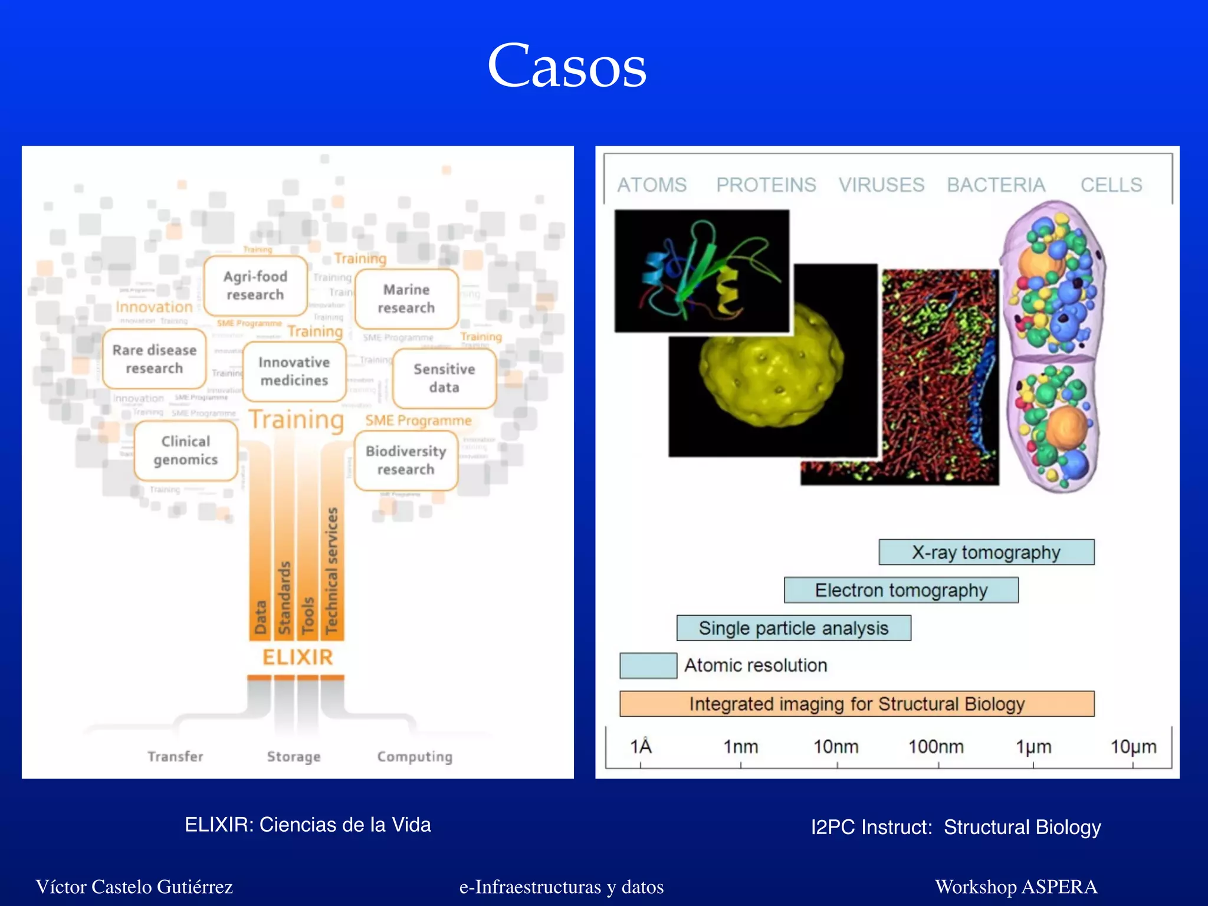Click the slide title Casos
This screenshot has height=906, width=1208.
click(567, 66)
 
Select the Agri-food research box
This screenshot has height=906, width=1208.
click(255, 285)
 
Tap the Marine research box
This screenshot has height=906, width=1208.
click(406, 299)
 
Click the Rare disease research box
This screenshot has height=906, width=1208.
click(155, 359)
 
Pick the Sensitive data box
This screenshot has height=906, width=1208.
click(444, 378)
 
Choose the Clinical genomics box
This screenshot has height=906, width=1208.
click(186, 451)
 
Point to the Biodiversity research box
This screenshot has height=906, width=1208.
click(406, 460)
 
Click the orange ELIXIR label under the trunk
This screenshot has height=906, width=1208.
click(297, 657)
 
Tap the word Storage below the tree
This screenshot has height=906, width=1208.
click(294, 756)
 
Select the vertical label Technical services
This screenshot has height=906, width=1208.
click(332, 570)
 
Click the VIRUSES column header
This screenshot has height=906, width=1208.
click(881, 185)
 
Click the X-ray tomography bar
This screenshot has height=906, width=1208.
click(986, 553)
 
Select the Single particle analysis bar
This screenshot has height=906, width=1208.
click(793, 628)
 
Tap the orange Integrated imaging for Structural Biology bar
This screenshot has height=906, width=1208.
click(856, 704)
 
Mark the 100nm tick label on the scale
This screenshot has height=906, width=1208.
click(935, 747)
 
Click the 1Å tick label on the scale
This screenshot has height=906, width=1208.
click(641, 747)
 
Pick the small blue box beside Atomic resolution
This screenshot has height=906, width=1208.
click(648, 666)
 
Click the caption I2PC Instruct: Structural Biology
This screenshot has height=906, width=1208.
click(956, 827)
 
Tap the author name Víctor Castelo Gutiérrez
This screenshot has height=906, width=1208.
click(134, 887)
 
